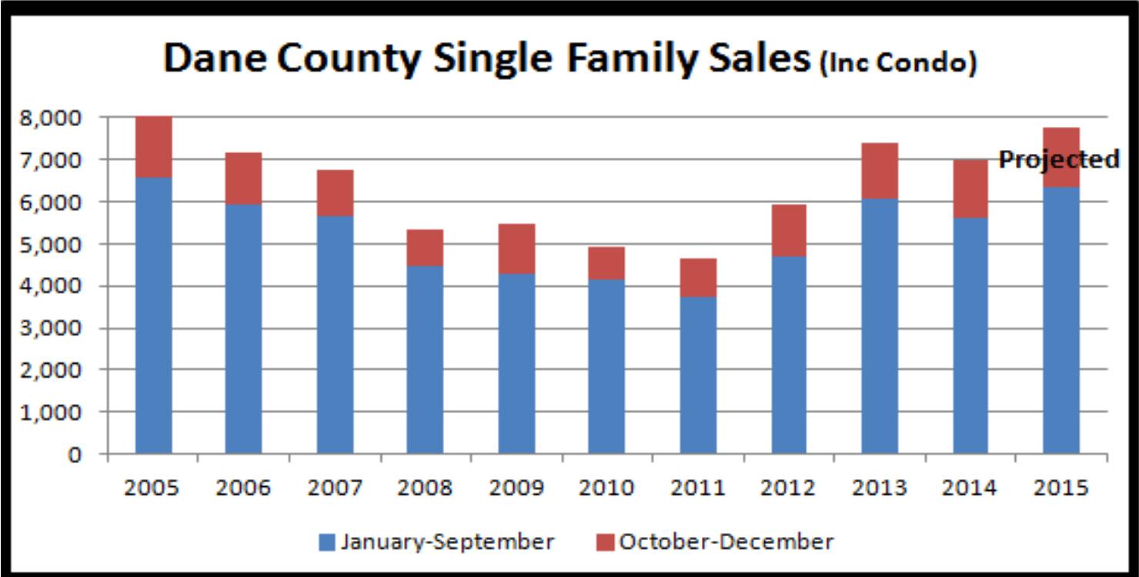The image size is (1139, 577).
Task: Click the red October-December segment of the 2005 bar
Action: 154,147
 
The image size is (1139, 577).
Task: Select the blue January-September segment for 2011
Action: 698,375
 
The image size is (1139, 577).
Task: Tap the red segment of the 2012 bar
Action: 789,231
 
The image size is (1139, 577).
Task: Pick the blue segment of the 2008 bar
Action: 425,360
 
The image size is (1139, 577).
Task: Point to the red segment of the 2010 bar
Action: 606,263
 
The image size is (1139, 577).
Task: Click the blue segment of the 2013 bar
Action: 880,326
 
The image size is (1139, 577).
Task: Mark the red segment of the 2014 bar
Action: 970,189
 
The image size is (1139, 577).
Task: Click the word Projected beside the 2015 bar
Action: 1059,159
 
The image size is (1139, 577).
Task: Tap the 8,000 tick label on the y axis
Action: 50,118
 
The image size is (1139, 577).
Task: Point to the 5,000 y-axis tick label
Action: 50,245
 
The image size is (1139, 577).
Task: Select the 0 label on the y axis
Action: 74,455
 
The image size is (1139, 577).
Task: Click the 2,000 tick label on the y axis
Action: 50,370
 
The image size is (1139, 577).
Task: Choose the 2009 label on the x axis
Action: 516,488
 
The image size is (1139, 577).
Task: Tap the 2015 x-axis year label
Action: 1061,488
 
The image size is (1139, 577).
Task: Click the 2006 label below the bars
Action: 243,488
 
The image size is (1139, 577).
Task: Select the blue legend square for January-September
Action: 327,542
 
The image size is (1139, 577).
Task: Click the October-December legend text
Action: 726,542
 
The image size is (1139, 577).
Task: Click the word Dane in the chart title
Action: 215,58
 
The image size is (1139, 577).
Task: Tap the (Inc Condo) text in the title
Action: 898,63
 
